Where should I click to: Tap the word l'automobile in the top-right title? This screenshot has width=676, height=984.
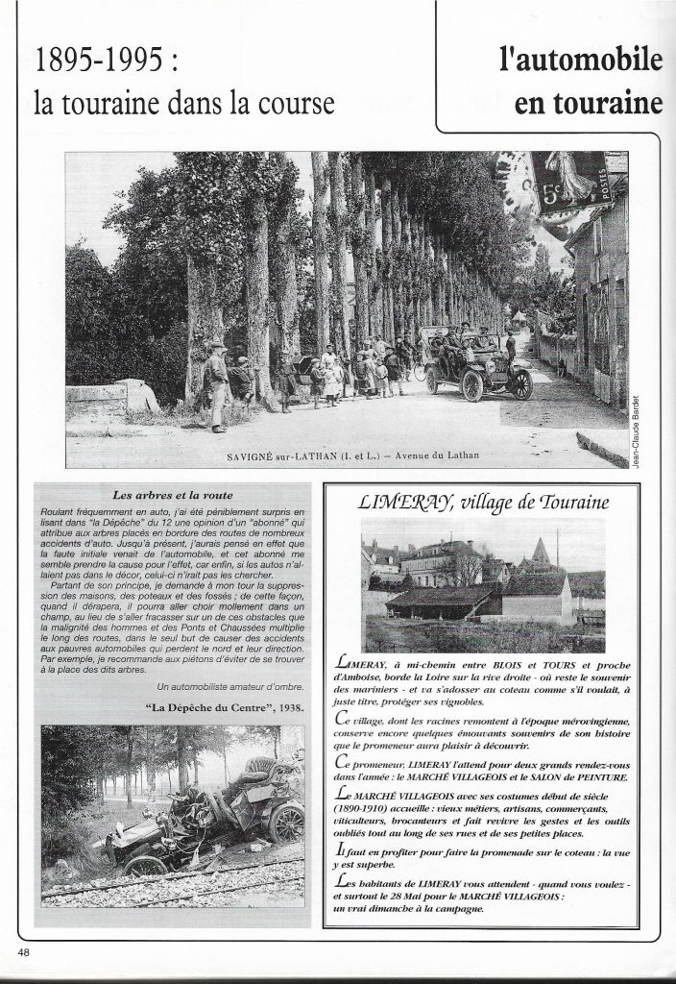[581, 61]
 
